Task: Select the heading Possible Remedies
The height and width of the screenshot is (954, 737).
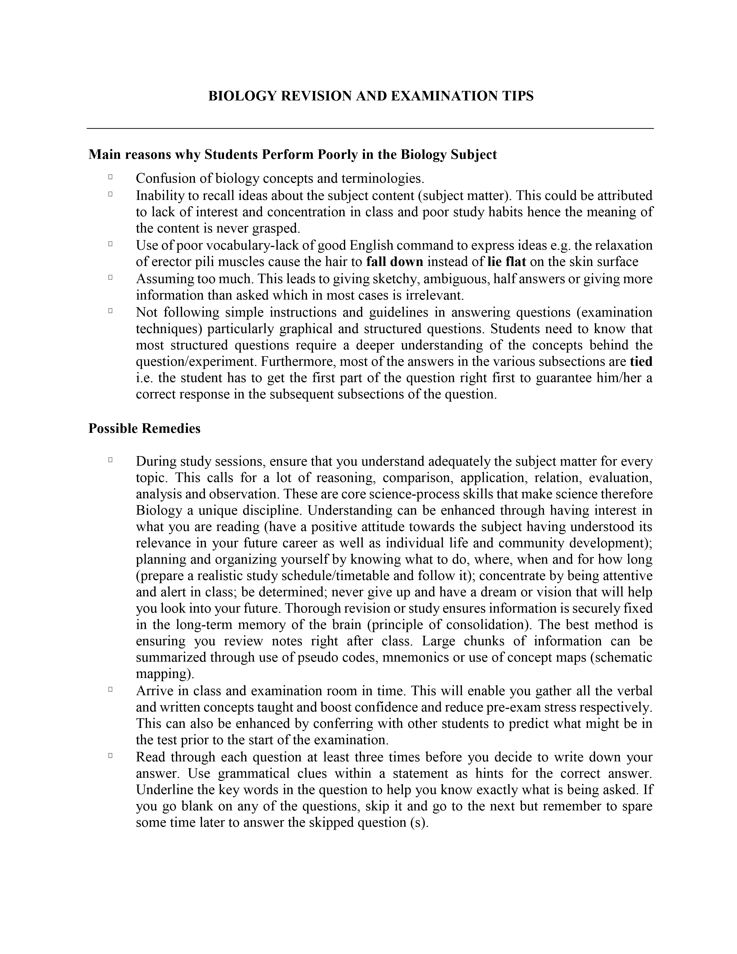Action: [x=145, y=428]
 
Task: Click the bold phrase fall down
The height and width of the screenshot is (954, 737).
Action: [x=395, y=262]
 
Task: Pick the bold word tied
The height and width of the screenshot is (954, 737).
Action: [x=641, y=362]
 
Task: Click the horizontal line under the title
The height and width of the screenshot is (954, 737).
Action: [x=370, y=128]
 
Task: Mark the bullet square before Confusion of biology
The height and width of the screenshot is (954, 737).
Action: [x=110, y=177]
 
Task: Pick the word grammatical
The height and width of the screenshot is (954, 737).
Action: [x=254, y=774]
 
